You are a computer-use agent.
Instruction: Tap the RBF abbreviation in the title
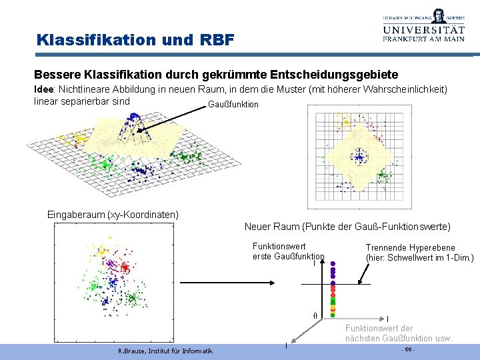217,40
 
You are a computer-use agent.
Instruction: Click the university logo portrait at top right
438,15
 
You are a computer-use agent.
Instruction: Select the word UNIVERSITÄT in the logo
423,29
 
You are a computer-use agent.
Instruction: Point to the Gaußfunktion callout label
233,105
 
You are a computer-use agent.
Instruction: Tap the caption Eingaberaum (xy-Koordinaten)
113,215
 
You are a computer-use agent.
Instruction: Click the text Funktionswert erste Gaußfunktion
288,251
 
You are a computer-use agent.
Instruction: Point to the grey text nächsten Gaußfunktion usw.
398,338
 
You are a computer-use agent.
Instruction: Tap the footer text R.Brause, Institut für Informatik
165,351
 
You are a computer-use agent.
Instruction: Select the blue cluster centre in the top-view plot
360,157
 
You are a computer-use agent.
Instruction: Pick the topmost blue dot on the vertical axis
333,263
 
